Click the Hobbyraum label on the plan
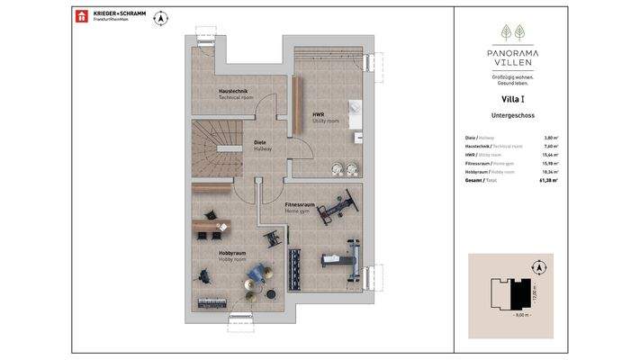[x=231, y=256]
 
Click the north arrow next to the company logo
[x=162, y=17]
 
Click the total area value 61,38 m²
[x=548, y=181]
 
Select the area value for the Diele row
[x=551, y=138]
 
